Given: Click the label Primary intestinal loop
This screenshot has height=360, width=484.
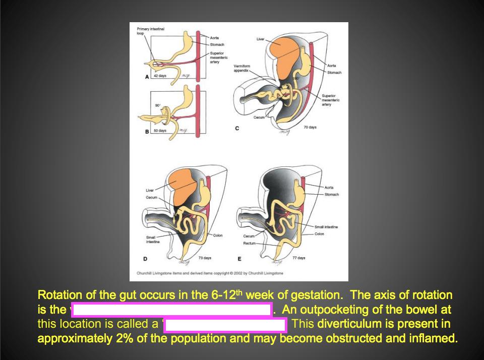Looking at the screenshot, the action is (x=150, y=31).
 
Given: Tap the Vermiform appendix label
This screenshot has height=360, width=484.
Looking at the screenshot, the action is (x=242, y=68).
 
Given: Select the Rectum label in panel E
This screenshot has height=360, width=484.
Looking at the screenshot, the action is (x=249, y=243).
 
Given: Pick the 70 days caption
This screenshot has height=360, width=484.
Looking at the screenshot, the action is (x=310, y=128).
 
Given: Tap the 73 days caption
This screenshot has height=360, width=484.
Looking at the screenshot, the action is (x=205, y=258).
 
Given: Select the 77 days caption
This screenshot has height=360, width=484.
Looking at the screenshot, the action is (x=298, y=258).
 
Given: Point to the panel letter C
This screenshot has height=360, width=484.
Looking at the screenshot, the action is (x=237, y=128).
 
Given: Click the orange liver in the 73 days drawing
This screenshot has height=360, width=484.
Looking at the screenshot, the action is (x=184, y=184).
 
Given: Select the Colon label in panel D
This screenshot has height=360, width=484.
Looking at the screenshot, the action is (x=218, y=235).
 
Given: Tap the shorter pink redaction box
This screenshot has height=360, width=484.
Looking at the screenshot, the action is (x=225, y=324).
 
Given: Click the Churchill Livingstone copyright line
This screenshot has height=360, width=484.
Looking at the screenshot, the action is (x=210, y=273).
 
